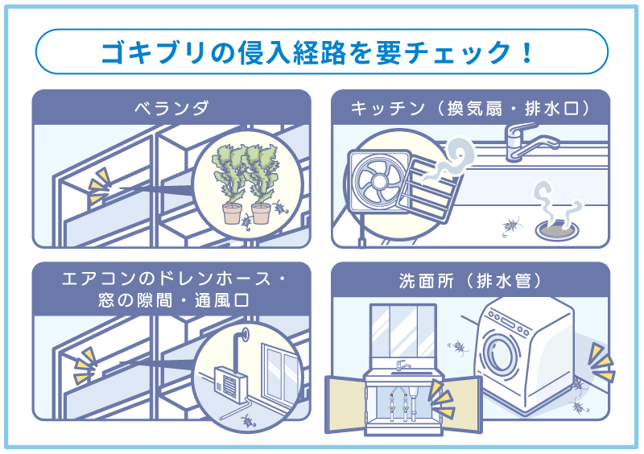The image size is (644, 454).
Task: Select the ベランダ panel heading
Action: click(x=171, y=108)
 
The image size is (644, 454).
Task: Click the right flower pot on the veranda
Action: click(x=260, y=213)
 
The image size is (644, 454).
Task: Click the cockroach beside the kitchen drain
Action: click(x=511, y=226)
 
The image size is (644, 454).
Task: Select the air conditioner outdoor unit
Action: click(x=229, y=382)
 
